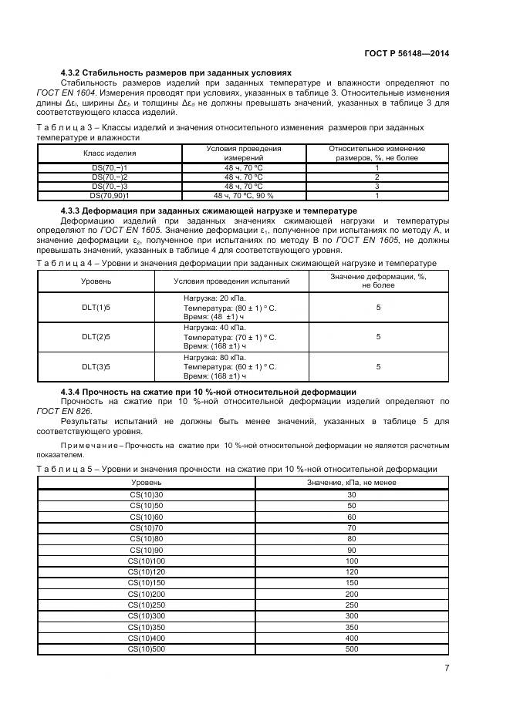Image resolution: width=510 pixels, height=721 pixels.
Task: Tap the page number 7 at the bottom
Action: coord(448,668)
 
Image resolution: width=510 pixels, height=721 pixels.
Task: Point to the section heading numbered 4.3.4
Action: coord(208,392)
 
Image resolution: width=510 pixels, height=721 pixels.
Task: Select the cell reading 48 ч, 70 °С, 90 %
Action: coord(243,196)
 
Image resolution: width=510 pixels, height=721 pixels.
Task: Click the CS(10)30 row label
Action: coord(147,494)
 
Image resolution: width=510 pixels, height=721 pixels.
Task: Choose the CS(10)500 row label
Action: coord(147,649)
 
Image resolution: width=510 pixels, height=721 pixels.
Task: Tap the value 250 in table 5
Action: coord(352,605)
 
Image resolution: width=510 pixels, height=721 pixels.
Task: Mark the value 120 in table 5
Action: coord(352,572)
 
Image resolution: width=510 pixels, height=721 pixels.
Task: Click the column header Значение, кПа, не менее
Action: coord(352,482)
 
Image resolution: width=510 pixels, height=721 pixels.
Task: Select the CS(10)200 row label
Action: coord(147,595)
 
